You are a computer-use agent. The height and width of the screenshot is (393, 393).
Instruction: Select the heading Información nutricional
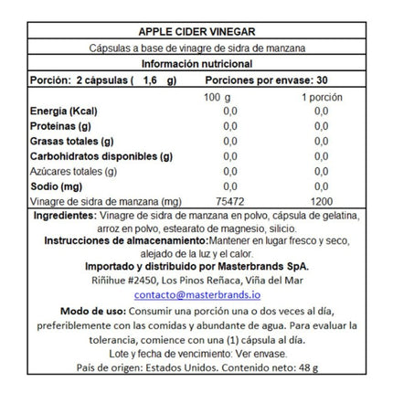196,64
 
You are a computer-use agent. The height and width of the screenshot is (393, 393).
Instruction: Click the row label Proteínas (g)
60,126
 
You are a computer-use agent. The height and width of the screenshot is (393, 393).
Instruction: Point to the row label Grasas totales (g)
71,142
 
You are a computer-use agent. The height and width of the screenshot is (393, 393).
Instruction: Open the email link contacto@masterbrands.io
196,295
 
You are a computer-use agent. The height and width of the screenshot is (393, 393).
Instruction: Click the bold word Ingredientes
63,215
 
